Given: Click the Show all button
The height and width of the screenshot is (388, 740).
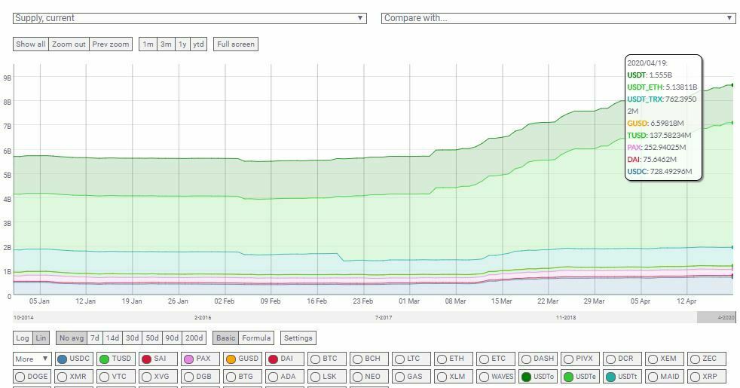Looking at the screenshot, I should (x=31, y=44).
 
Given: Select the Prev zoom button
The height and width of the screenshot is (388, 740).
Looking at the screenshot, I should (x=110, y=44).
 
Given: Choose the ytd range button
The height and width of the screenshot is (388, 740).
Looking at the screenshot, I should (x=198, y=44).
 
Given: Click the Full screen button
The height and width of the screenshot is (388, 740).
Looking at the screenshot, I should (x=236, y=44).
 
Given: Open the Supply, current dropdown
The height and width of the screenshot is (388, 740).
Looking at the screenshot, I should (x=190, y=18).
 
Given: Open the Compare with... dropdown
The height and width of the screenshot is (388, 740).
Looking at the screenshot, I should (x=558, y=18).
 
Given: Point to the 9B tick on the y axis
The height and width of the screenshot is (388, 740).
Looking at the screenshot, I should (x=7, y=78).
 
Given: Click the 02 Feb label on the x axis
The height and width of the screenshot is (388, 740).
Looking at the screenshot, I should (x=224, y=301).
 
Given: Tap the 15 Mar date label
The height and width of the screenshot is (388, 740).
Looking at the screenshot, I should (x=501, y=301).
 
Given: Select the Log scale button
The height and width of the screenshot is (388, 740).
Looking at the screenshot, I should (x=23, y=338).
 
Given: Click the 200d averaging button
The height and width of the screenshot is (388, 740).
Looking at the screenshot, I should (x=194, y=338).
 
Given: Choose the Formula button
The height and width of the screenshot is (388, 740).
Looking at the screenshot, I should (x=256, y=338).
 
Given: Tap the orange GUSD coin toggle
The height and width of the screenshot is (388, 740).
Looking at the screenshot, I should (x=241, y=359).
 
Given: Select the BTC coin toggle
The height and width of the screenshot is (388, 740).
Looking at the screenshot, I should (x=324, y=359).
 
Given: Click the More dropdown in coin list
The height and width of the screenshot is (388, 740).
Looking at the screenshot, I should (x=32, y=359).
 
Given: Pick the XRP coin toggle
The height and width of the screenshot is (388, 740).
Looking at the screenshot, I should (x=704, y=377).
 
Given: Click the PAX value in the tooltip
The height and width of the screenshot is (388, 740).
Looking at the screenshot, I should (x=664, y=148).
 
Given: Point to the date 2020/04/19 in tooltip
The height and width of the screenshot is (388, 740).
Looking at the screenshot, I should (x=647, y=63).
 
